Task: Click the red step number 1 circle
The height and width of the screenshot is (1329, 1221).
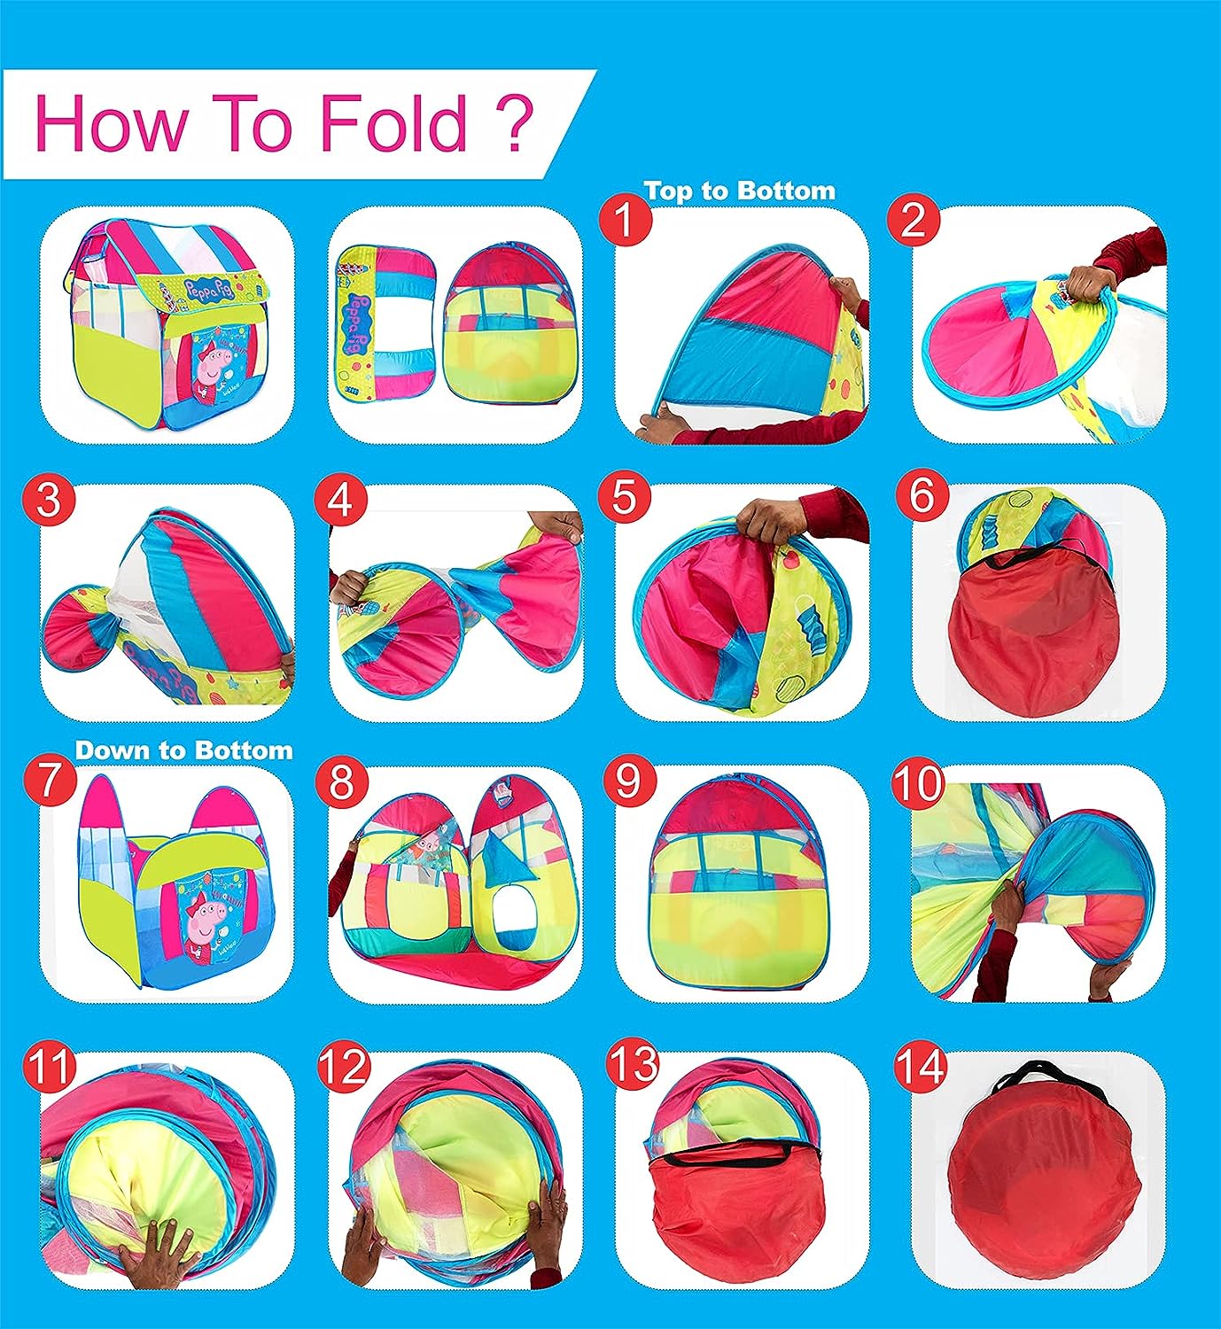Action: [625, 221]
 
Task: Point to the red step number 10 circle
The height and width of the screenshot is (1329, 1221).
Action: [918, 784]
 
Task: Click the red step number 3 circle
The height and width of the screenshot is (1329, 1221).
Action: [49, 499]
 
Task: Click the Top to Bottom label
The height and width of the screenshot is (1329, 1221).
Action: [740, 191]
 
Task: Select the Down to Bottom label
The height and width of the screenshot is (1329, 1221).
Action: [183, 750]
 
